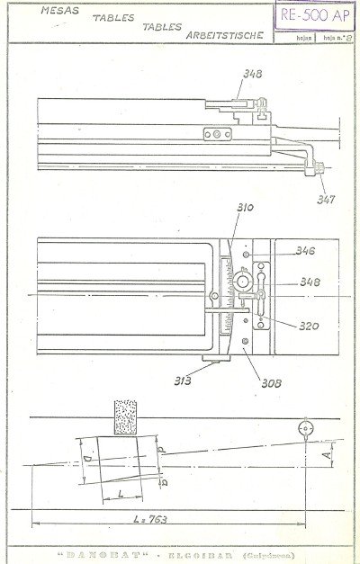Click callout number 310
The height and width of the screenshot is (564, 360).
tap(245, 209)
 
